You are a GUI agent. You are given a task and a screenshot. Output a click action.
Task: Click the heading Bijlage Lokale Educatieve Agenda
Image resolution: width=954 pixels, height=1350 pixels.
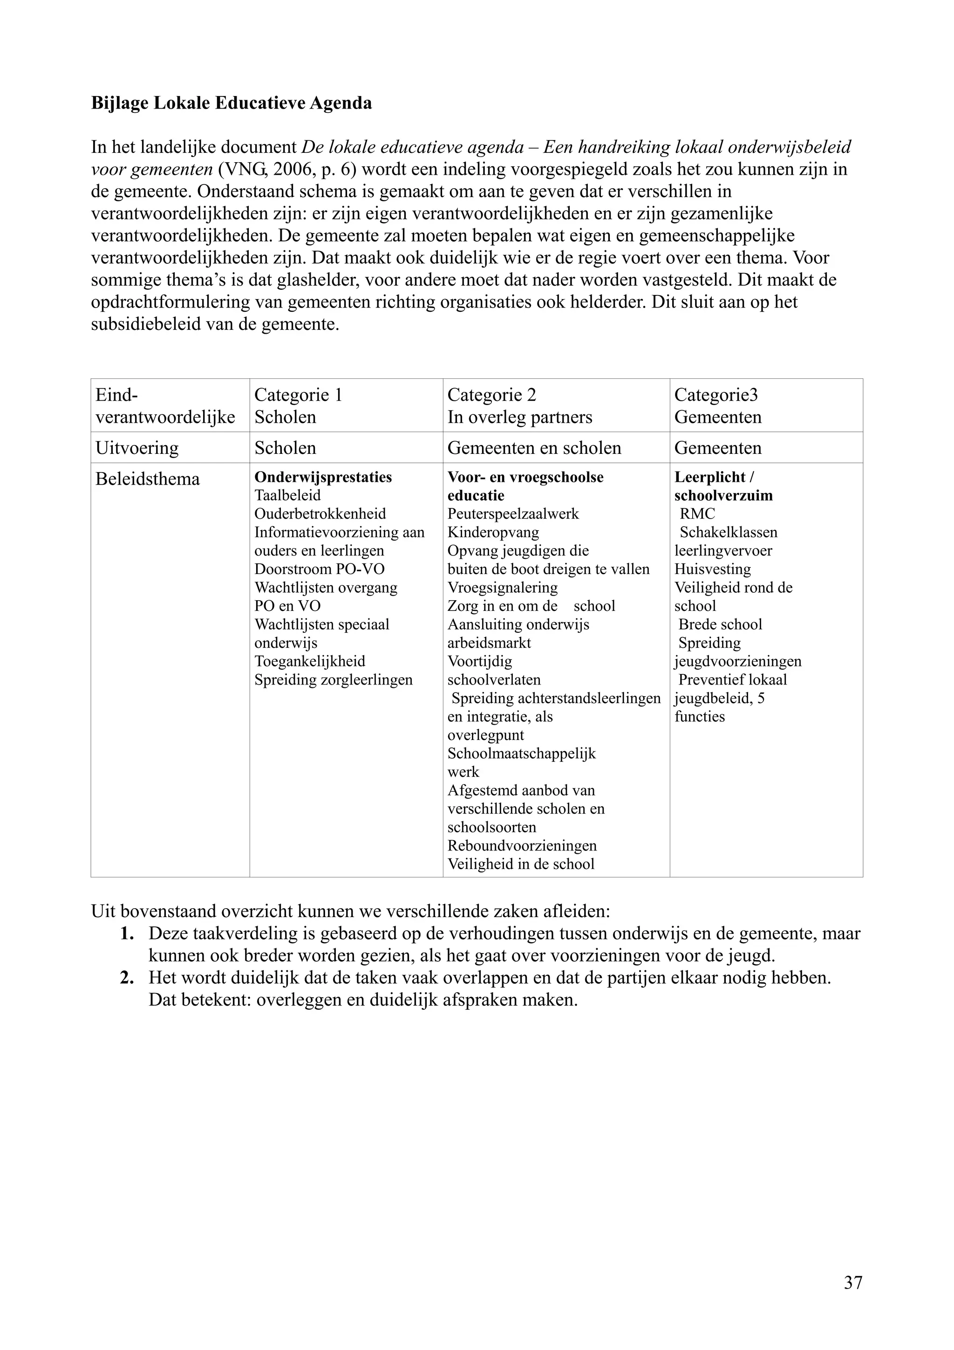pyautogui.click(x=231, y=103)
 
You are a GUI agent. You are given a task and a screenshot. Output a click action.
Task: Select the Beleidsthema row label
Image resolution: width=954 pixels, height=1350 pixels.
pyautogui.click(x=148, y=479)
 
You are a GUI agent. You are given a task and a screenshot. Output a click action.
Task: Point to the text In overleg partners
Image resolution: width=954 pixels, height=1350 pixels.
pyautogui.click(x=519, y=418)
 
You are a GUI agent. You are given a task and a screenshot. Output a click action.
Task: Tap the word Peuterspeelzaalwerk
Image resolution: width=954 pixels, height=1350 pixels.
pyautogui.click(x=513, y=514)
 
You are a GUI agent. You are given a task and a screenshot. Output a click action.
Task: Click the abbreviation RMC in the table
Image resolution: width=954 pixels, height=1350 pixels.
pyautogui.click(x=697, y=514)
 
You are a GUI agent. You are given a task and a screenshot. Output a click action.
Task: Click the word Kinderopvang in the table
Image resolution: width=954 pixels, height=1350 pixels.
pyautogui.click(x=493, y=533)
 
